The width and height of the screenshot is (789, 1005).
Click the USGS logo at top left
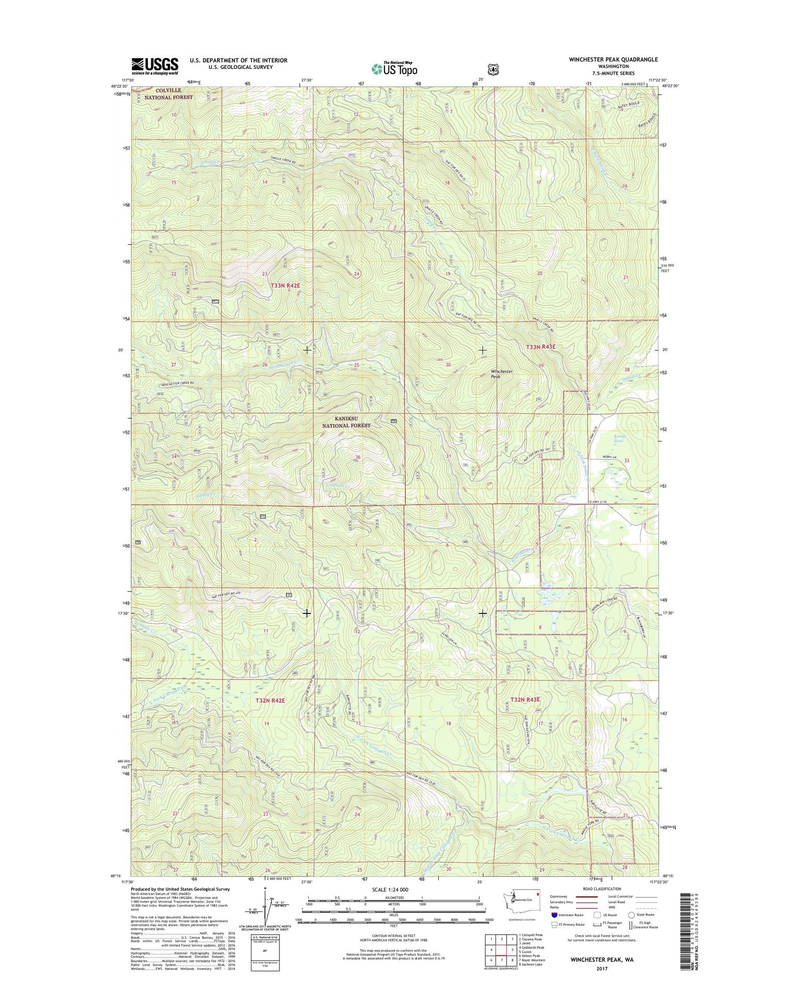coord(155,66)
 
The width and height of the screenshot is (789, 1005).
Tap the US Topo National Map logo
coord(394,68)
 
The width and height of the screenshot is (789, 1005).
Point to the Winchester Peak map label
coord(501,374)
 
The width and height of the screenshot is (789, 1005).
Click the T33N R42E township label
coord(285,285)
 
